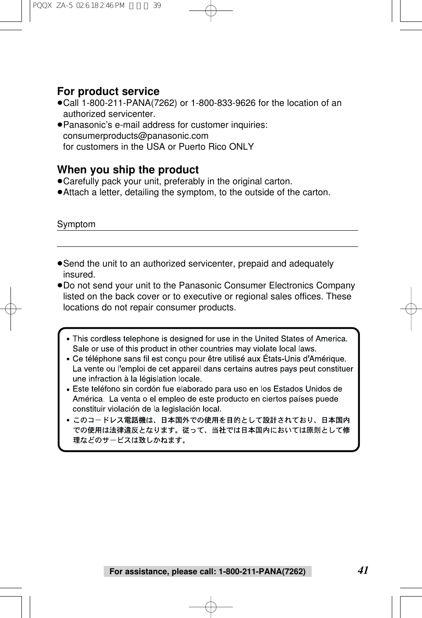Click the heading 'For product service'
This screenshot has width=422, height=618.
108,91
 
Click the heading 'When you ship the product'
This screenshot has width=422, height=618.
128,170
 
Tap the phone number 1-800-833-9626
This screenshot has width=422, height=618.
223,103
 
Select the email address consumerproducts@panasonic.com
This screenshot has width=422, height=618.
136,136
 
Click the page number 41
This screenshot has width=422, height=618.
363,570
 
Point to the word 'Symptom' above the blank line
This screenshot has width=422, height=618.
76,224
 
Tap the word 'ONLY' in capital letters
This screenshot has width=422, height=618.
241,147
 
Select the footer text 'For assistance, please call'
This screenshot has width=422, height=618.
163,572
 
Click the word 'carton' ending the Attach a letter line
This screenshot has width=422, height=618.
316,192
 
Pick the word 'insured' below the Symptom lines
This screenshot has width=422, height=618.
79,274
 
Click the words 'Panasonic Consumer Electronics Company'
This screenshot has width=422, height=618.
267,286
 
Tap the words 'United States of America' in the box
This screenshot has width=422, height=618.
301,338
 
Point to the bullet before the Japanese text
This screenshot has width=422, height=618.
68,420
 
